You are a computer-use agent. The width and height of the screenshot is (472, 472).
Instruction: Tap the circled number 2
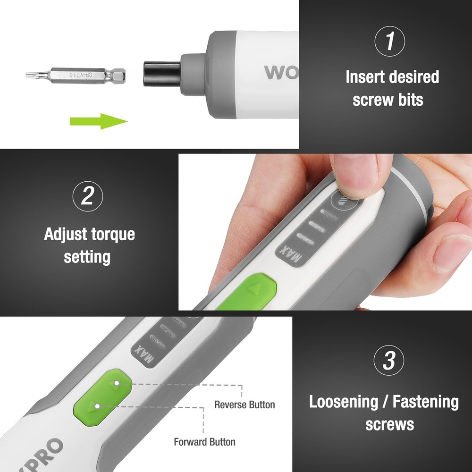pos(87,196)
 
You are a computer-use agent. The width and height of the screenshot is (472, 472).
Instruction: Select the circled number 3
pos(388,361)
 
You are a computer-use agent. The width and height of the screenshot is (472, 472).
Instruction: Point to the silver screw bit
pos(76,75)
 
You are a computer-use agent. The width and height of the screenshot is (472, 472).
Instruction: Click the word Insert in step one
pos(365,77)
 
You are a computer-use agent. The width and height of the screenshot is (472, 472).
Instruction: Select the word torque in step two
pos(111,234)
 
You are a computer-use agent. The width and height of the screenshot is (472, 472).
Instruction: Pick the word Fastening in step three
pos(426,402)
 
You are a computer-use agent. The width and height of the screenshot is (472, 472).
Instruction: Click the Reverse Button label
pos(244,405)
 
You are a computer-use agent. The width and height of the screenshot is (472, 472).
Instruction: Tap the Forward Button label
pos(204,442)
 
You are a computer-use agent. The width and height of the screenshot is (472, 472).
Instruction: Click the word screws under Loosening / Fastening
pos(389,424)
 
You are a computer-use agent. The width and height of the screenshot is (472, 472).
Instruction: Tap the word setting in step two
pos(87,257)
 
